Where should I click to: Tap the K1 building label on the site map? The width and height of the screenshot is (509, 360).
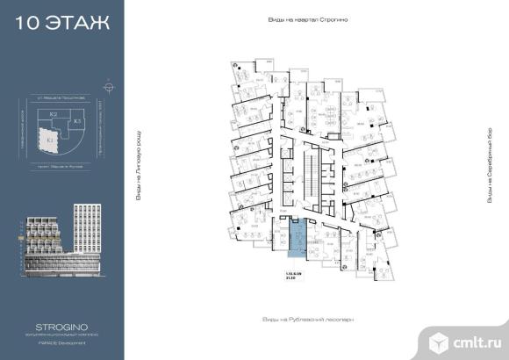[51, 140]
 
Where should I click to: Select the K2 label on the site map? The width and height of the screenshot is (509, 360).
[54, 115]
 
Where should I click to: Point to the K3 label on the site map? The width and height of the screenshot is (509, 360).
[77, 120]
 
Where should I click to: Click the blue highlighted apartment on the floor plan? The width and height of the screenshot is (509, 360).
[298, 237]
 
